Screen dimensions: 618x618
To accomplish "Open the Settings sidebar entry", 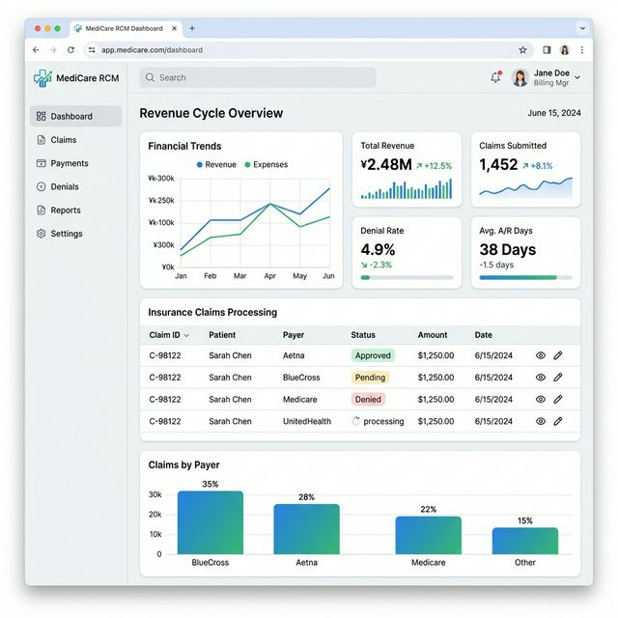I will (x=66, y=234).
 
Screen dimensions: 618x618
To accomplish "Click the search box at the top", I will (x=257, y=77).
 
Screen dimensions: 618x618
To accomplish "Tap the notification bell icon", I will (x=495, y=77).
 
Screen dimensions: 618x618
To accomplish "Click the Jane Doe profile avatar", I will (x=520, y=77).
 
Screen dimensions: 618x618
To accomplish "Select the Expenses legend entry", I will (x=266, y=165).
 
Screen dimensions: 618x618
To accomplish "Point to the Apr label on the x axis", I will (x=269, y=276).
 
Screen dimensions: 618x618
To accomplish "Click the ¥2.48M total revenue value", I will (x=386, y=165).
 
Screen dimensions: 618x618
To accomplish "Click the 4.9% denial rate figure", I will (x=378, y=249).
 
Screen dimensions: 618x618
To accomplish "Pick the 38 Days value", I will (x=507, y=249).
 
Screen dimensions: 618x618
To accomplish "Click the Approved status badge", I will (x=372, y=355).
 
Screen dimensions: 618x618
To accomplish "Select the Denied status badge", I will (x=368, y=399).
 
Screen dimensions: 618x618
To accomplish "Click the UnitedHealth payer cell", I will (x=306, y=421).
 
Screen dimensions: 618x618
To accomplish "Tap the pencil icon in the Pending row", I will (x=558, y=378).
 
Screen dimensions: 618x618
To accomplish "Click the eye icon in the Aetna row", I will (x=541, y=355).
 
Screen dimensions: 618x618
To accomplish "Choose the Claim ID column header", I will (x=169, y=335).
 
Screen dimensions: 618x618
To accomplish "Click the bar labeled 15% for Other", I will (x=524, y=541).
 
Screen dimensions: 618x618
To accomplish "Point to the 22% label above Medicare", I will (x=428, y=509).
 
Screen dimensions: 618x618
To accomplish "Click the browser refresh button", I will (x=70, y=49).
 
